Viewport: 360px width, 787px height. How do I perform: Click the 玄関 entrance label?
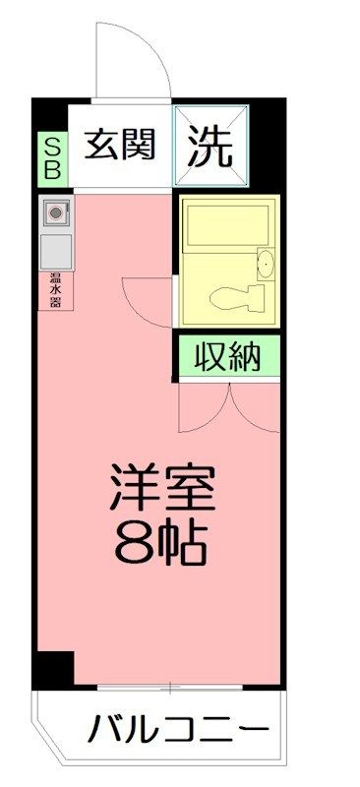119,145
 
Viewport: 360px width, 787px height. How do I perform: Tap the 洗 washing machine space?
210,145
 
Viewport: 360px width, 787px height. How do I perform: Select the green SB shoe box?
53,159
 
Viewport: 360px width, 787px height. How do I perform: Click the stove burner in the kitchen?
56,212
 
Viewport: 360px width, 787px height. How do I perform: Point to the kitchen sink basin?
56,252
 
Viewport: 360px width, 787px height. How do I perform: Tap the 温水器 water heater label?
56,291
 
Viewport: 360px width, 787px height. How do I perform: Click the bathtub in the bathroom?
226,224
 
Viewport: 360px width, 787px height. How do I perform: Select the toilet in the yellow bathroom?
237,298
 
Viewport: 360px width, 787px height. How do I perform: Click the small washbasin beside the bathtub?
266,264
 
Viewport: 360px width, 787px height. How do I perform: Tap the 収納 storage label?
228,356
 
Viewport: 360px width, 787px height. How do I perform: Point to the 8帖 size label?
160,543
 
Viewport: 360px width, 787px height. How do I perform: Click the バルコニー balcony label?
178,727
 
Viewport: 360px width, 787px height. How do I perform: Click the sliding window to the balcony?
170,687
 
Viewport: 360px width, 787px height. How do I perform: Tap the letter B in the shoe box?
53,170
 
